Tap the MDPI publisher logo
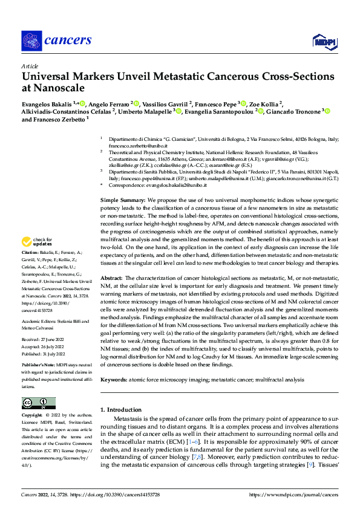(x=324, y=41)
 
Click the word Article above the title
(x=30, y=66)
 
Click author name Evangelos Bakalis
(x=47, y=103)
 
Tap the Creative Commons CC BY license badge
(x=38, y=403)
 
